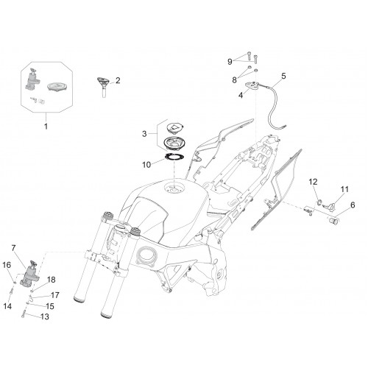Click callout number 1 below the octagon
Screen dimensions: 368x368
point(46,127)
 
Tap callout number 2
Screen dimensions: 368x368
point(118,80)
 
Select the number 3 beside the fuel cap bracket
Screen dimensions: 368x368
point(144,134)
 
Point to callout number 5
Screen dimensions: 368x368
point(283,76)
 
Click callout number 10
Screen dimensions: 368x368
point(146,165)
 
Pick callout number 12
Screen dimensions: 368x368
point(313,182)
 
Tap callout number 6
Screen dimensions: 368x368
point(353,205)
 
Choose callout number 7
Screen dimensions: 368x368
point(13,248)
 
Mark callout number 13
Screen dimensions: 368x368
point(45,316)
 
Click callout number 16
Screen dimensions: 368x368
point(7,265)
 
